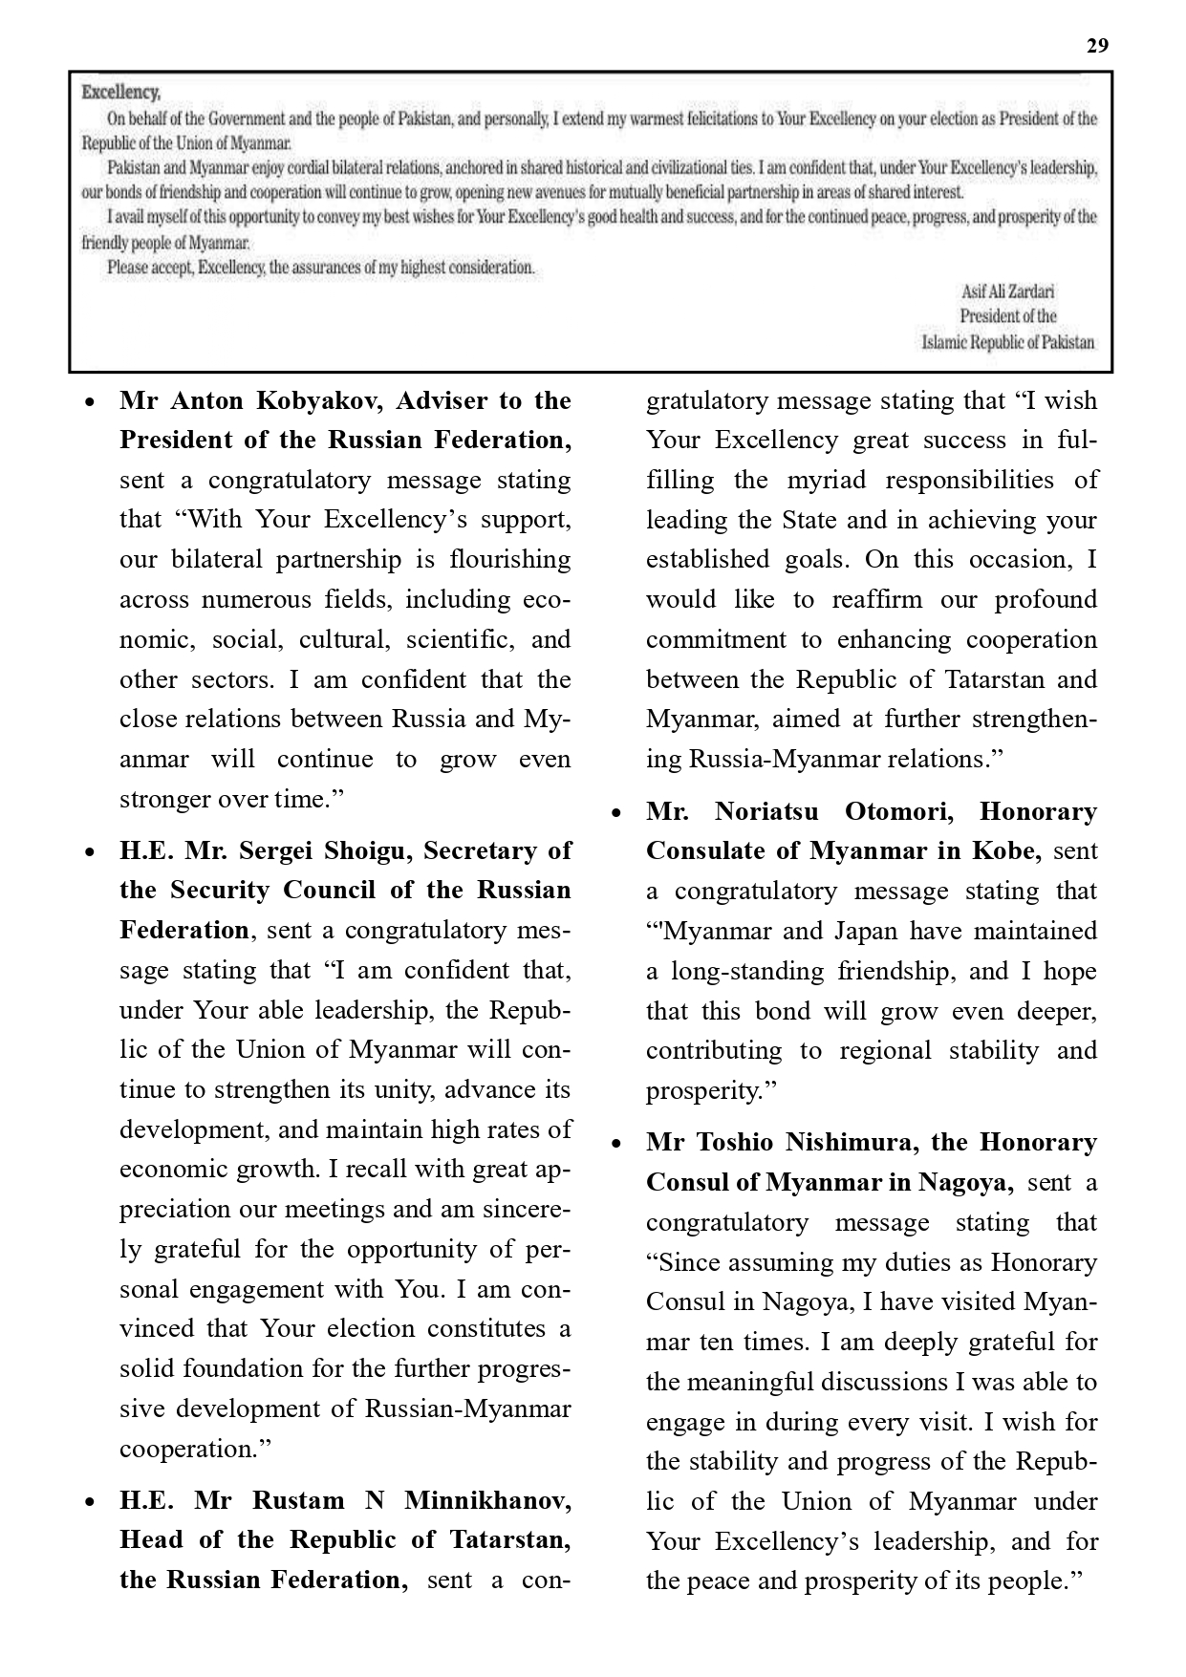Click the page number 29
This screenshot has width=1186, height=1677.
click(x=1097, y=46)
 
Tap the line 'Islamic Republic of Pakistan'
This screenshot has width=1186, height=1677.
click(x=1008, y=342)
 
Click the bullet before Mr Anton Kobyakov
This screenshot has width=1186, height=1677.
click(x=89, y=402)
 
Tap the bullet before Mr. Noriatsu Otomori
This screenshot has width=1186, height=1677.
click(x=616, y=813)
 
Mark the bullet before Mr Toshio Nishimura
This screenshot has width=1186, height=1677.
click(x=616, y=1144)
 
